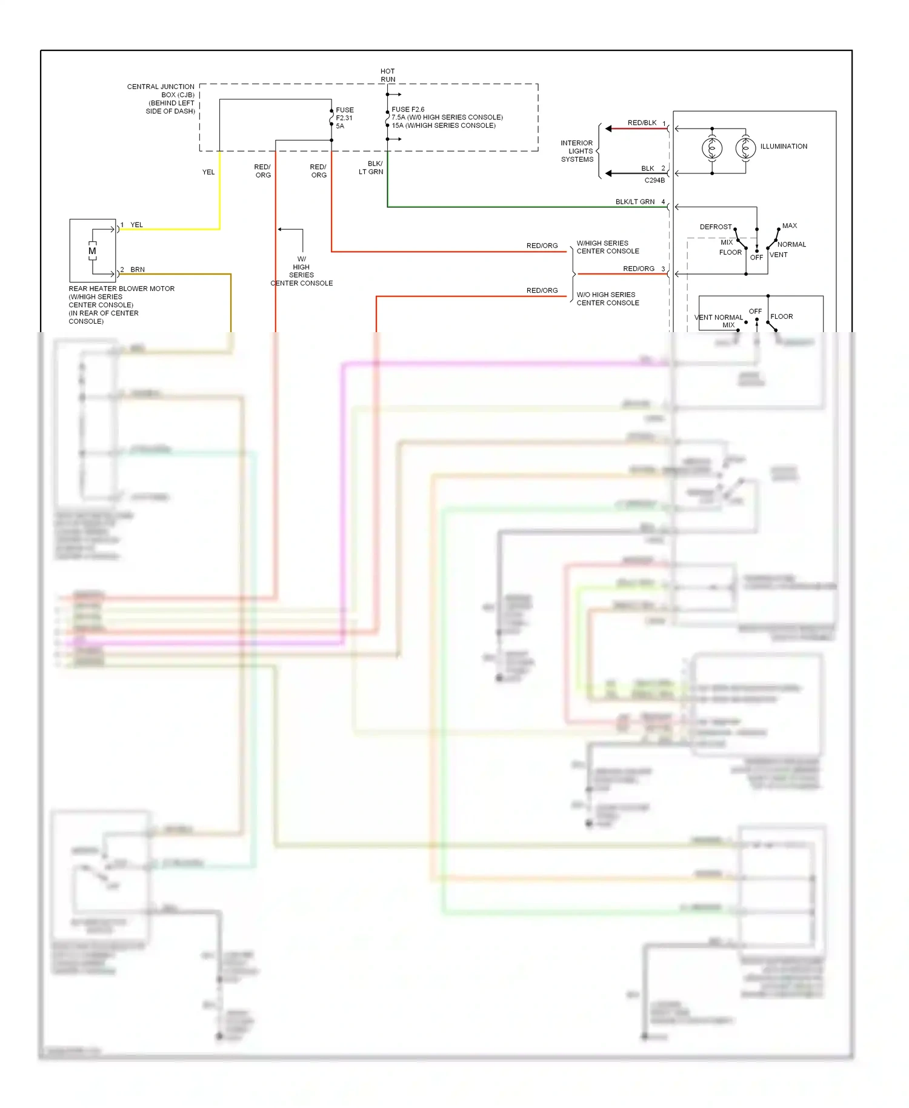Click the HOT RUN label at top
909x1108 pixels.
388,75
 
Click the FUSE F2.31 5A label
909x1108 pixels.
345,118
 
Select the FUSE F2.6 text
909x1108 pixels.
408,110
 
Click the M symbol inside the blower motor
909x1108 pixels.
92,251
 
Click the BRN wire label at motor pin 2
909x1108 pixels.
138,270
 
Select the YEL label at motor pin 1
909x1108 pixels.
136,225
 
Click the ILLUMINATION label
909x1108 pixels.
784,147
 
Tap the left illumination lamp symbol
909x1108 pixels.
712,148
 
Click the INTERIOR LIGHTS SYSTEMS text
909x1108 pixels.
577,152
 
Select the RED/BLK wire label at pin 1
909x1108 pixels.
642,123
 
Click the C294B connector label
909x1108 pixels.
654,181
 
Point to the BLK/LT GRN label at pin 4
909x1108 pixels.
634,202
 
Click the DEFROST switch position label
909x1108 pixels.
716,227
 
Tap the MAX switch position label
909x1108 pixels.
790,225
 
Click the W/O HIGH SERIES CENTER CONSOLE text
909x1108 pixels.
607,299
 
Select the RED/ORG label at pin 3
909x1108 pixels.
639,269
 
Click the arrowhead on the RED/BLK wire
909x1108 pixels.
608,128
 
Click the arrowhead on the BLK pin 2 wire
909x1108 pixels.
608,173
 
